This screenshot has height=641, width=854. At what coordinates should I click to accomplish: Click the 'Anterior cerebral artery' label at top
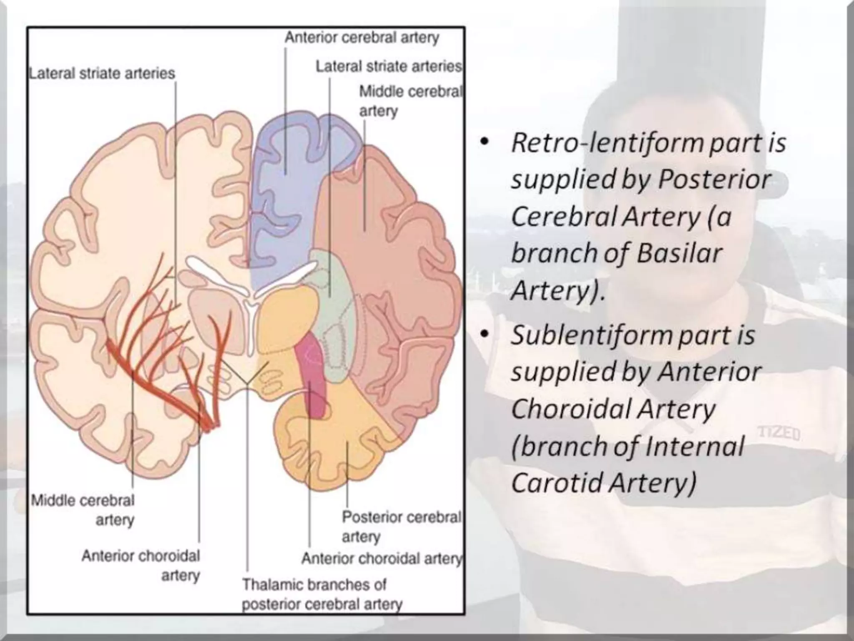pyautogui.click(x=362, y=38)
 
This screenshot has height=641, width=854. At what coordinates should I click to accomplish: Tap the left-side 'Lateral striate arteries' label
pyautogui.click(x=102, y=73)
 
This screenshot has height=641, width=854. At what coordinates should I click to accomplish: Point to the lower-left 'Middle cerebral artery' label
pyautogui.click(x=83, y=510)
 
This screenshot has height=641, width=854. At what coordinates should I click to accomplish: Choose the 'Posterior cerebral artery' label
pyautogui.click(x=401, y=526)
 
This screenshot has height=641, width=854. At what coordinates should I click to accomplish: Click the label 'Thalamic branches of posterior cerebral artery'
pyautogui.click(x=322, y=594)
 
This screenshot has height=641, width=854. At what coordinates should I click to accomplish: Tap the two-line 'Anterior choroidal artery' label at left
pyautogui.click(x=141, y=565)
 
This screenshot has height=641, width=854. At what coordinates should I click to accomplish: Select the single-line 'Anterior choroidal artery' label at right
pyautogui.click(x=382, y=558)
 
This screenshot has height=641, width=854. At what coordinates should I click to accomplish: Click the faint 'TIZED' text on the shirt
pyautogui.click(x=779, y=434)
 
